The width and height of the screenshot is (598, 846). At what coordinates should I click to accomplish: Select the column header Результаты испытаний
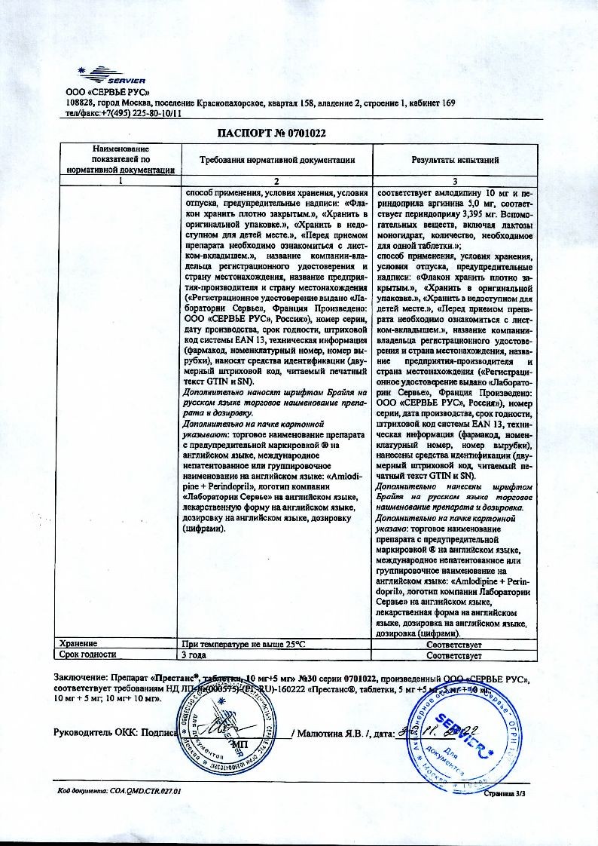point(455,160)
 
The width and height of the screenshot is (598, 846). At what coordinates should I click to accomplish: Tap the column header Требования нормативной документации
point(276,160)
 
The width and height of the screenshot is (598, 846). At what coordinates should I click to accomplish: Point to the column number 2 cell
point(276,181)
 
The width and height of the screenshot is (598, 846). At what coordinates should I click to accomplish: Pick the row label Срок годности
point(88,654)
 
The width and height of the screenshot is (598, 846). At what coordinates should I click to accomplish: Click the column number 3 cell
point(454,181)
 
